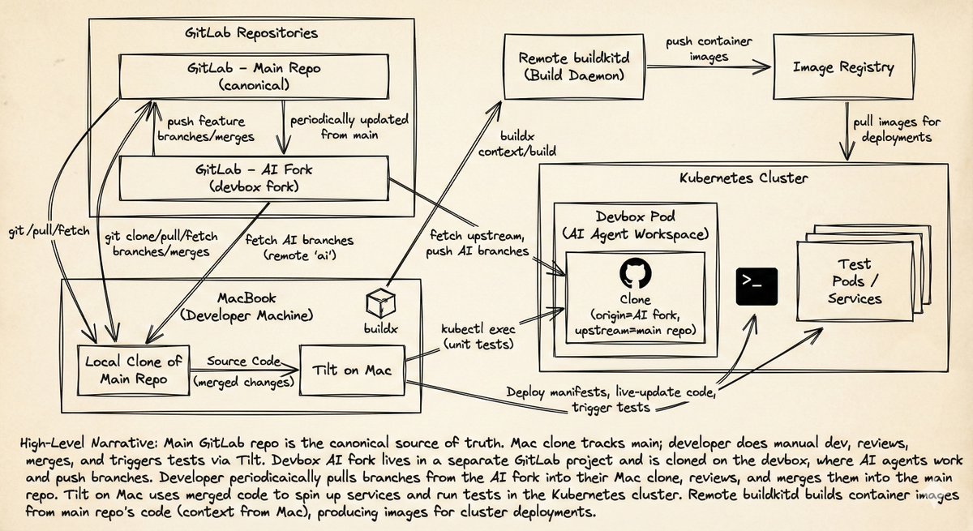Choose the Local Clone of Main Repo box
(x=122, y=370)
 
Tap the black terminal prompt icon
(x=757, y=286)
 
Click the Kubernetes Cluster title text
(x=743, y=177)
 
